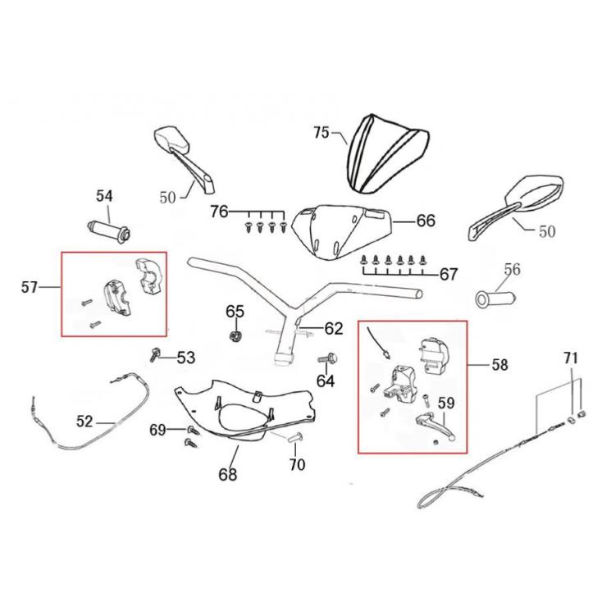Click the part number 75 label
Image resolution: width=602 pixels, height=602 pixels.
coord(321,131)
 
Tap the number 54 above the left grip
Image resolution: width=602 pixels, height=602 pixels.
coord(104,196)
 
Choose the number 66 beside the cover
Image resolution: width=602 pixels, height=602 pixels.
coord(426,221)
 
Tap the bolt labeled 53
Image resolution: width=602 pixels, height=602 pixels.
coord(155,354)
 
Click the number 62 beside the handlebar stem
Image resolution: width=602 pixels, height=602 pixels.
coord(333,329)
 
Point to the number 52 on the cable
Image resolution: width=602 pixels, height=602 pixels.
coord(84,422)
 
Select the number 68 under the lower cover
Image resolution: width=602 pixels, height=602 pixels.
coord(226,474)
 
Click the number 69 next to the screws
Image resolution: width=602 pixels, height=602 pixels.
coord(157,430)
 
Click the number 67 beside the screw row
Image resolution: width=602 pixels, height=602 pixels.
coord(449,274)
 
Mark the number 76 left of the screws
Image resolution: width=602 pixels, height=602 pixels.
coord(218,212)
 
